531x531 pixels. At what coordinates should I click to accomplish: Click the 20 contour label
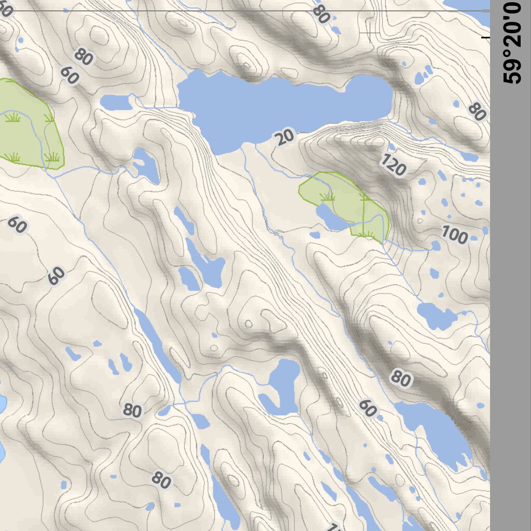(284, 137)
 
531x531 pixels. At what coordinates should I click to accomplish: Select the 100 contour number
(455, 236)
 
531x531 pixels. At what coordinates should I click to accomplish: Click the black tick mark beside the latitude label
(485, 37)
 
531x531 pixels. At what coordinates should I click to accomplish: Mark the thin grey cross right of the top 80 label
(370, 32)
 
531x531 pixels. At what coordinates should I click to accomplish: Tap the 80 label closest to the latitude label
(476, 111)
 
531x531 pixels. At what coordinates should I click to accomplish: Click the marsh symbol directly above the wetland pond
(327, 197)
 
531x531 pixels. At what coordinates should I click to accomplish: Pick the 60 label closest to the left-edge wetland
(69, 76)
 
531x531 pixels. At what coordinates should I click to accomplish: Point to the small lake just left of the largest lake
(117, 102)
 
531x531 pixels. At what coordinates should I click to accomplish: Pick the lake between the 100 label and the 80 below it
(435, 315)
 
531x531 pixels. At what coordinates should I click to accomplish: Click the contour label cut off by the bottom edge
(334, 527)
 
